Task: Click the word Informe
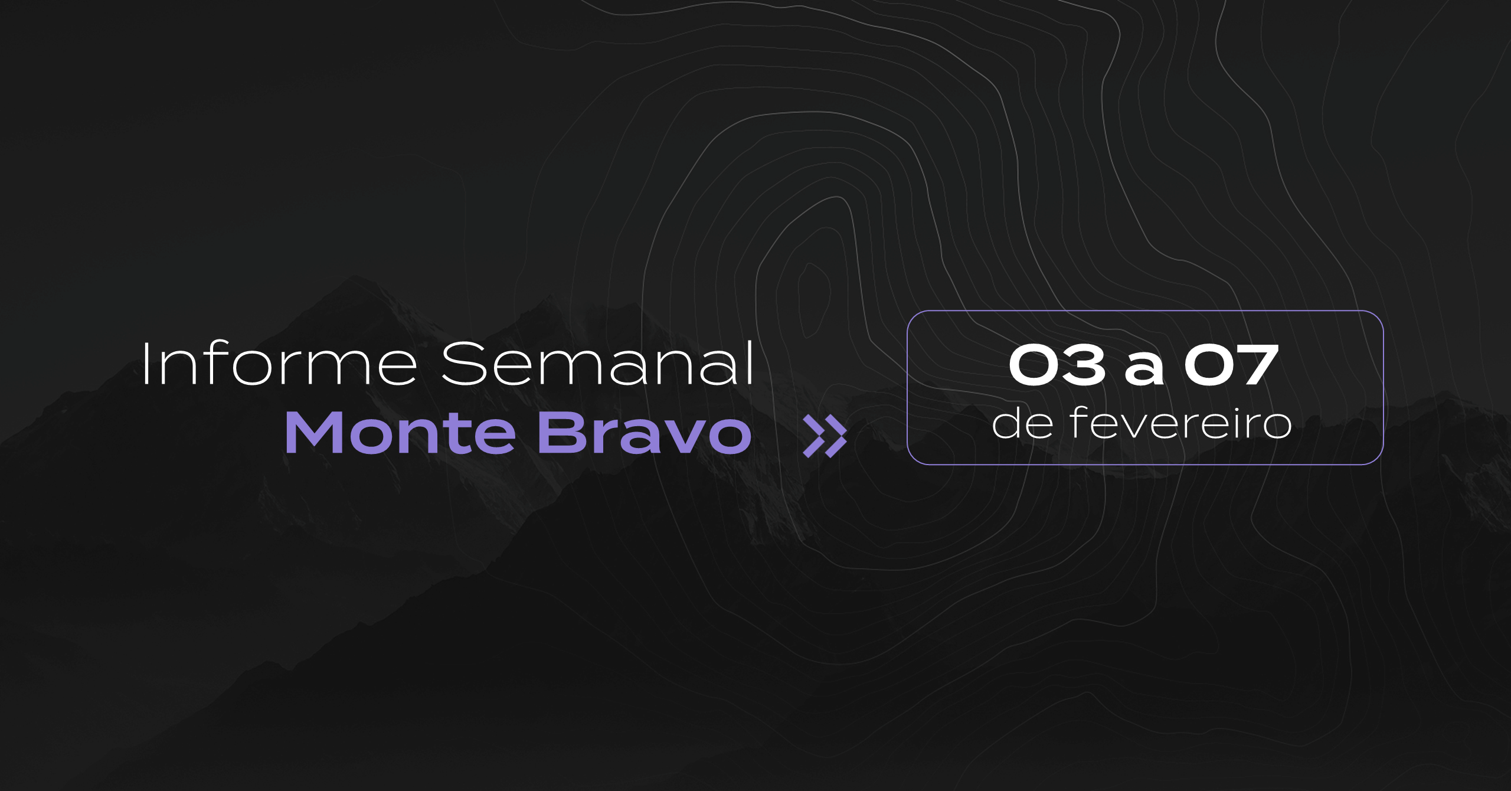[280, 364]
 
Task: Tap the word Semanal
[597, 363]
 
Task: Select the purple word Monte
[401, 433]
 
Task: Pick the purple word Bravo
[645, 433]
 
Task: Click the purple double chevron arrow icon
[825, 436]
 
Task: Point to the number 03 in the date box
[1057, 365]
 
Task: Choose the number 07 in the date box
[1232, 365]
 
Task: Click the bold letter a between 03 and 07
[1144, 370]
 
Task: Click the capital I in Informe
[145, 364]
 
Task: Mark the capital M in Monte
[315, 433]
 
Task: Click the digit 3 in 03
[1083, 365]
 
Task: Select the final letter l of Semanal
[751, 363]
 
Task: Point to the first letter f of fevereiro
[1080, 423]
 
